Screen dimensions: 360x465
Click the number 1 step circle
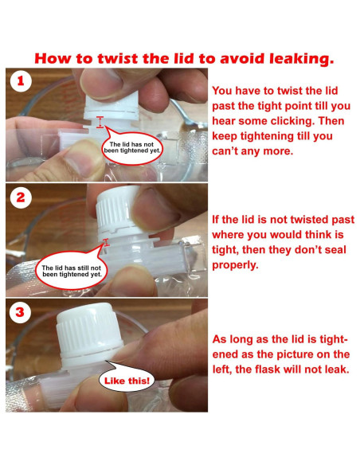21,80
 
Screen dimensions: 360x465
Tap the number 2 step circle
21,197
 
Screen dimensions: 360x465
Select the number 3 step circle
20,312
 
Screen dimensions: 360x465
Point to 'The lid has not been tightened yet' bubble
131,147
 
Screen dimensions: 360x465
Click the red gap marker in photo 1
100,122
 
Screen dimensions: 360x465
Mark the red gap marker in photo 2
106,242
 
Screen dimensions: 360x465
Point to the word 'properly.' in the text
235,265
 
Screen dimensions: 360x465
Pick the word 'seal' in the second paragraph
335,249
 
